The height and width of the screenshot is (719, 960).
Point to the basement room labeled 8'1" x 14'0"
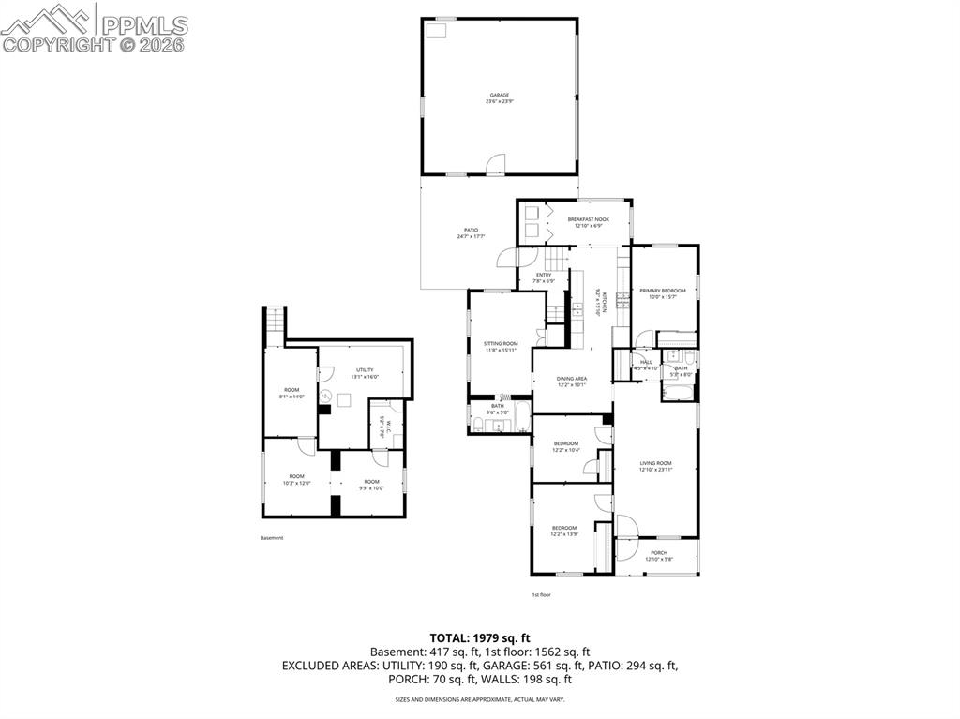point(292,393)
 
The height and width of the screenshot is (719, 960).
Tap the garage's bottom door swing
point(496,165)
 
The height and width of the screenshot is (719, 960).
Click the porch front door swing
point(625,526)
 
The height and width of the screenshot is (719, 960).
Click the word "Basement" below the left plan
point(272,538)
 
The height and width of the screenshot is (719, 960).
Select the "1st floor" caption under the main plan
point(541,595)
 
